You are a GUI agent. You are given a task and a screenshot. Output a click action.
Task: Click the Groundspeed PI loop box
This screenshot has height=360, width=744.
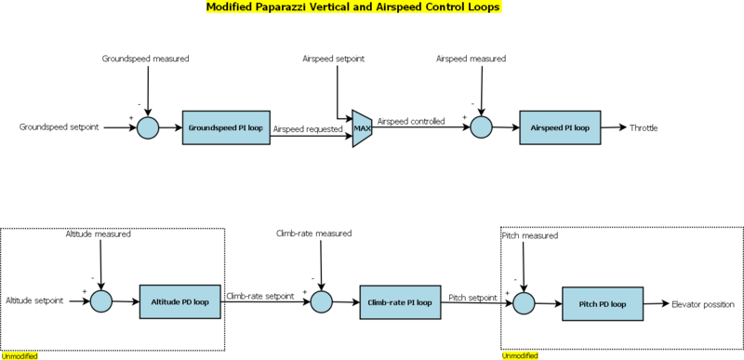pyautogui.click(x=226, y=127)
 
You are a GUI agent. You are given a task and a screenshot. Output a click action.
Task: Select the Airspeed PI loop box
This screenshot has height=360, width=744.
pyautogui.click(x=560, y=127)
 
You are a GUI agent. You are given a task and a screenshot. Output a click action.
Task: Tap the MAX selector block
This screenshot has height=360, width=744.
pyautogui.click(x=362, y=128)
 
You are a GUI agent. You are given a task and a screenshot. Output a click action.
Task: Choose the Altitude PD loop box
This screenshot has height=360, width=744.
pyautogui.click(x=179, y=301)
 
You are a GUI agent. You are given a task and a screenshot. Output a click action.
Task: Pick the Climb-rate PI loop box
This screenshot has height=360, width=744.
pyautogui.click(x=400, y=302)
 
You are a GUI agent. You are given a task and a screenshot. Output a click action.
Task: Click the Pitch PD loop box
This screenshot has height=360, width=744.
pyautogui.click(x=603, y=303)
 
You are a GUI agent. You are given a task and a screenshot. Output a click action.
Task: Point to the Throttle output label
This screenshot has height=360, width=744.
pyautogui.click(x=644, y=127)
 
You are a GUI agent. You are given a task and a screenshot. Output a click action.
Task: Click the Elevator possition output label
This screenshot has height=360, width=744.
pyautogui.click(x=703, y=304)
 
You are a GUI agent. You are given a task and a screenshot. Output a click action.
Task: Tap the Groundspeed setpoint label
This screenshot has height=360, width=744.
pyautogui.click(x=60, y=127)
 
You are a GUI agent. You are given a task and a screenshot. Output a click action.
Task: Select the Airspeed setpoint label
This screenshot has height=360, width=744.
pyautogui.click(x=334, y=59)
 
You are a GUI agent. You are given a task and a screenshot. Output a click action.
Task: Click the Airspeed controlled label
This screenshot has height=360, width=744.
pyautogui.click(x=411, y=122)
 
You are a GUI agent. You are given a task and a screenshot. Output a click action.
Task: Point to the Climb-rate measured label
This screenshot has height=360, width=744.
pyautogui.click(x=313, y=233)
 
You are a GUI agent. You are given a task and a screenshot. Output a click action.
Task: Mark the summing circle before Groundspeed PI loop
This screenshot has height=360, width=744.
pyautogui.click(x=148, y=127)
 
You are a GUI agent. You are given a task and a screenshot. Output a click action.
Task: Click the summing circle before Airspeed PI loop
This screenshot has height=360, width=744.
pyautogui.click(x=481, y=127)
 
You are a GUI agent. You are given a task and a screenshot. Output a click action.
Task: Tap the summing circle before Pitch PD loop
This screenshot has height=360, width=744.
pyautogui.click(x=524, y=303)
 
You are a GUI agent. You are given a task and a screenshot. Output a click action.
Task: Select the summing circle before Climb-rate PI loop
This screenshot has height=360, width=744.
pyautogui.click(x=321, y=302)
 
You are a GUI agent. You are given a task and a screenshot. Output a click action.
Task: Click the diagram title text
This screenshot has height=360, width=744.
pyautogui.click(x=353, y=7)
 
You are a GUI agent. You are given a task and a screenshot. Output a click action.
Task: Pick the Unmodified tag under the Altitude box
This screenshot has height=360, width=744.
pyautogui.click(x=20, y=355)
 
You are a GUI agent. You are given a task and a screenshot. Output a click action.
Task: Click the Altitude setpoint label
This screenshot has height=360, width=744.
pyautogui.click(x=34, y=300)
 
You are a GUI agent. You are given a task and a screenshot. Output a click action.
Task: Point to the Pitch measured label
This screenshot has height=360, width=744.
pyautogui.click(x=529, y=235)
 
